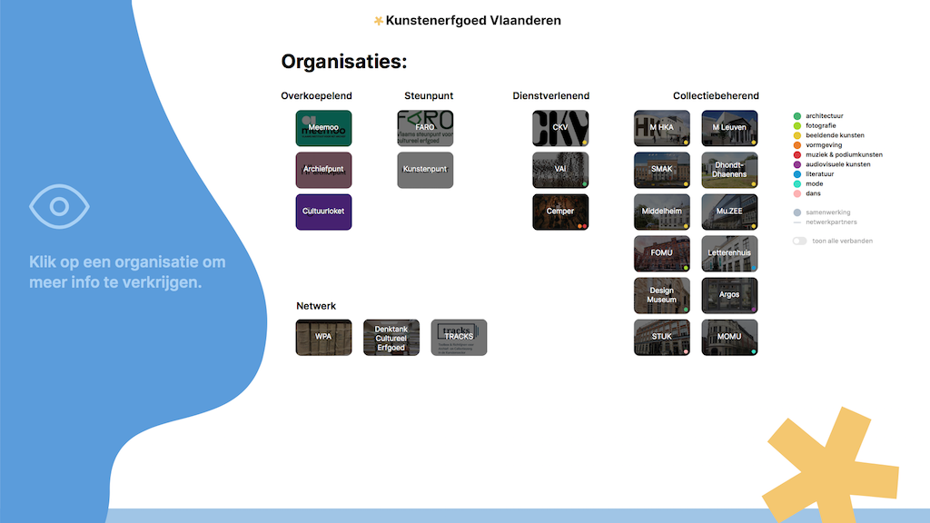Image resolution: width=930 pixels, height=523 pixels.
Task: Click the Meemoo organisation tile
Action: click(x=323, y=128)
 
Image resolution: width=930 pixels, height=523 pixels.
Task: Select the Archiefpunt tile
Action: click(x=323, y=170)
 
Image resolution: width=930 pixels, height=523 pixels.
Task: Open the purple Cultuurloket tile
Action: click(x=323, y=212)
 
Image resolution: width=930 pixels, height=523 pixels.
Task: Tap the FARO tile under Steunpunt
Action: click(x=425, y=128)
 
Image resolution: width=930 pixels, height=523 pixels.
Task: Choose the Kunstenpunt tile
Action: click(x=425, y=170)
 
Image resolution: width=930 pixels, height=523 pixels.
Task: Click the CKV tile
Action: click(x=560, y=128)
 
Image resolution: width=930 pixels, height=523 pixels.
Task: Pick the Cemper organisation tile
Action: click(x=560, y=212)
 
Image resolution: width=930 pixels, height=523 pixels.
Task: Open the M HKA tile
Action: click(x=661, y=128)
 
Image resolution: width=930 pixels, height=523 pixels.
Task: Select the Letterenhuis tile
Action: click(x=729, y=253)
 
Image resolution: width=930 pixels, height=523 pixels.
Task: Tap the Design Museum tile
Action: click(x=661, y=295)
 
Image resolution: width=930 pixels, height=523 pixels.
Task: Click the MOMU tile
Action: click(x=729, y=337)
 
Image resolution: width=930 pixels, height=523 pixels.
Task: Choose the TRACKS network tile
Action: click(x=459, y=337)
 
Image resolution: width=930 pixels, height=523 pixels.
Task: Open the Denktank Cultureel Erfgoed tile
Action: click(x=391, y=337)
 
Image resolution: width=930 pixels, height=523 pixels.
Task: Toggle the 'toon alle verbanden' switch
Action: click(x=799, y=241)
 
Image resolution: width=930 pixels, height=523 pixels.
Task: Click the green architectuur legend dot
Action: click(x=797, y=116)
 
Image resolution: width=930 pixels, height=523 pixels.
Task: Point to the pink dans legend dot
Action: click(x=797, y=193)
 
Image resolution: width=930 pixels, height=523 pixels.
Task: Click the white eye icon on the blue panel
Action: click(x=59, y=206)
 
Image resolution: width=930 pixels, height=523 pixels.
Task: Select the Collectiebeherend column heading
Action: click(x=716, y=95)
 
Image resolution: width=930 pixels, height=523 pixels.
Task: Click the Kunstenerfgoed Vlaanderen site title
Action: click(x=472, y=20)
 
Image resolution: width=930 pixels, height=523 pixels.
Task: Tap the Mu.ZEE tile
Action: click(x=729, y=212)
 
